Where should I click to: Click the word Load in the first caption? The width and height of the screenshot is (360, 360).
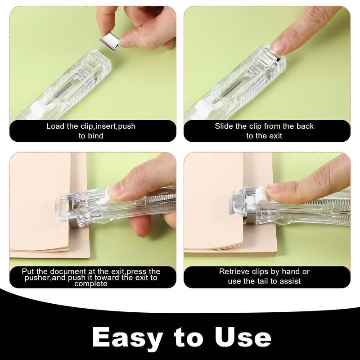(x=55, y=126)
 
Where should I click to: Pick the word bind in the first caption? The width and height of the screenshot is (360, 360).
(x=95, y=135)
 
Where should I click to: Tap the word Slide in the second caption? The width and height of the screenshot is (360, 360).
(x=224, y=126)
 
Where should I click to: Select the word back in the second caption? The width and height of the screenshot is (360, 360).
(x=306, y=126)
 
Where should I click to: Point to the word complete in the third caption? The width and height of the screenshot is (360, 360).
(x=91, y=283)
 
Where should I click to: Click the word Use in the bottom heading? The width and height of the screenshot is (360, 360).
(x=243, y=337)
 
